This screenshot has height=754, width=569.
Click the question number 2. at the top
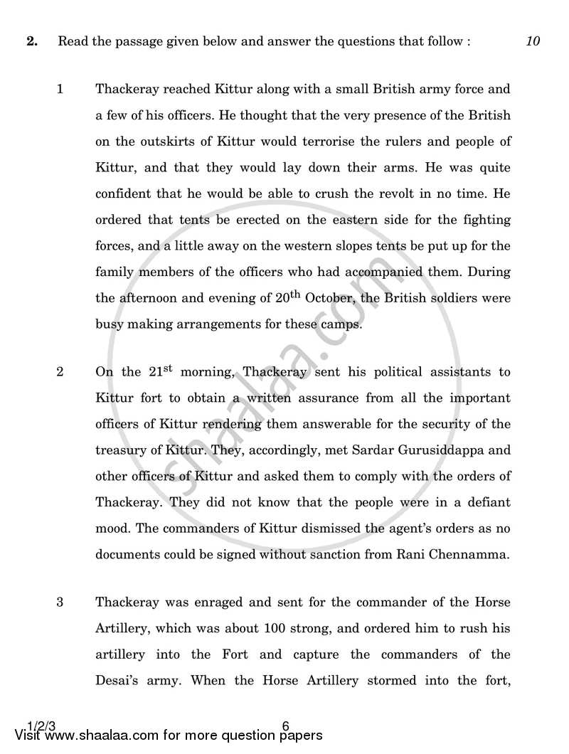pos(31,41)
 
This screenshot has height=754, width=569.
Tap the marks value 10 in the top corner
pos(533,41)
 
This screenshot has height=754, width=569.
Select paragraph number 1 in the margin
pos(60,90)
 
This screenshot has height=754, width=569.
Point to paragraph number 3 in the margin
pos(60,602)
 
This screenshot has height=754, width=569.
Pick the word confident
pos(124,193)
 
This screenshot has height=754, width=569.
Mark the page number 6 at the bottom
pos(285,726)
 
